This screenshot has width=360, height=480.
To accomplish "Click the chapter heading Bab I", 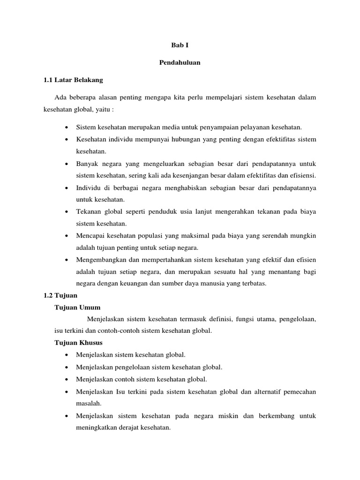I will click(x=180, y=45).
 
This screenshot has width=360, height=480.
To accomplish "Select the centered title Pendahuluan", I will click(x=180, y=63).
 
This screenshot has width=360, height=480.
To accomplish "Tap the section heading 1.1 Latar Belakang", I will click(x=73, y=80).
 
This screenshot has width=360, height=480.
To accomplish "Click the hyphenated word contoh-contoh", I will click(x=118, y=330).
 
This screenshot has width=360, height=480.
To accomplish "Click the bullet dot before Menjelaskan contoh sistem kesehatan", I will click(x=68, y=379).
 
